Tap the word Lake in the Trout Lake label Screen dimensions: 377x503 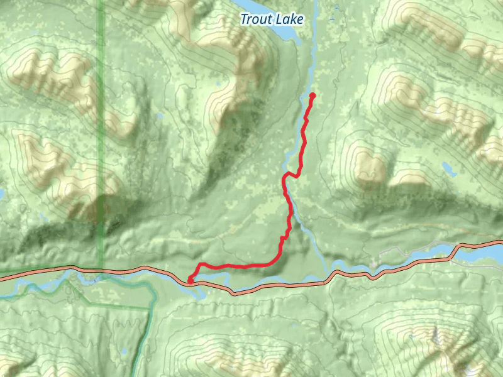(x=289, y=19)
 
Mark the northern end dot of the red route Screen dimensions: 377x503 (x=312, y=96)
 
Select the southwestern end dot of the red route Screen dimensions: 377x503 (x=191, y=280)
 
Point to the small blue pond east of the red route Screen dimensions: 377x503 (x=448, y=168)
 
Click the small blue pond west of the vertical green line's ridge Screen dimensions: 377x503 (x=160, y=116)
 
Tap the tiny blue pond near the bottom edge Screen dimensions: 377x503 (x=124, y=352)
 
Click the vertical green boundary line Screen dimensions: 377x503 (x=101, y=126)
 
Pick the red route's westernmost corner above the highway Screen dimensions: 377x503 (x=200, y=265)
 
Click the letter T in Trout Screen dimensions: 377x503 (x=244, y=19)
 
